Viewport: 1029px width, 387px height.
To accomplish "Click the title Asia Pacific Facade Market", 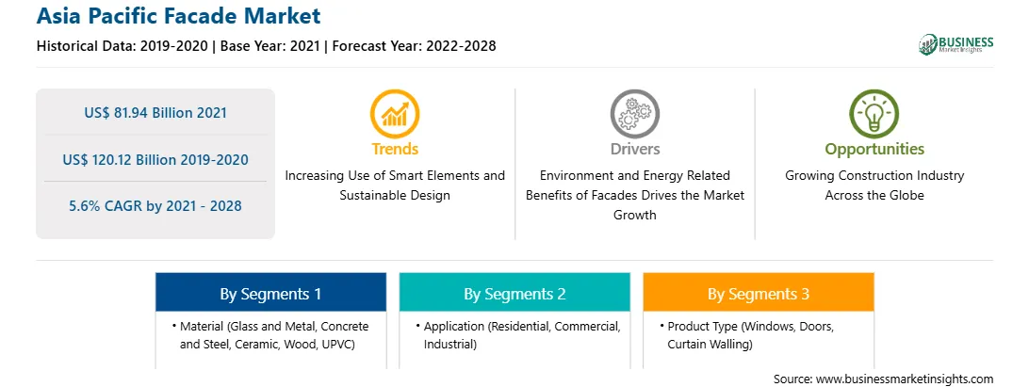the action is pos(178,16).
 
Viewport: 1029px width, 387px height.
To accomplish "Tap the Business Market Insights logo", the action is pos(955,44).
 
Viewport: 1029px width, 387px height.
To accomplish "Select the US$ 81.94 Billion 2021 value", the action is pos(155,113).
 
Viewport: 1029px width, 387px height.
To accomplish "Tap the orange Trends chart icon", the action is pos(395,114).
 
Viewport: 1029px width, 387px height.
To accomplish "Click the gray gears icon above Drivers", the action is pos(634,114).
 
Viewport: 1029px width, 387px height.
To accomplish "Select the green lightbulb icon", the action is pos(874,114).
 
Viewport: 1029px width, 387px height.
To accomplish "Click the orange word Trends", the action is pos(395,149).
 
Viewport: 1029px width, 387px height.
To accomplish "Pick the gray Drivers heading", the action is pos(635,149).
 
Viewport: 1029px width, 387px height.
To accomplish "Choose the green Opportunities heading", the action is pos(874,150).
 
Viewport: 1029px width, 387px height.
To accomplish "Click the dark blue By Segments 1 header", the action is pos(271,293).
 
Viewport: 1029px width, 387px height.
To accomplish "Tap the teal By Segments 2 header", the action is pos(514,293).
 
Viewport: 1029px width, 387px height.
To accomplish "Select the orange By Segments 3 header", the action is pos(759,293).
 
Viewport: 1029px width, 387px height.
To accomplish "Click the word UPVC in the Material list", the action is pos(339,345).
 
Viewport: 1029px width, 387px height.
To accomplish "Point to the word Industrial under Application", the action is pos(450,345).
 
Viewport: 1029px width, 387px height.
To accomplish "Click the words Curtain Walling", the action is pos(710,345).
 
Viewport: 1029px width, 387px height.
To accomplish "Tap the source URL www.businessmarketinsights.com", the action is pos(903,379).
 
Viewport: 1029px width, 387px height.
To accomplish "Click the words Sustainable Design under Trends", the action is pos(395,196).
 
